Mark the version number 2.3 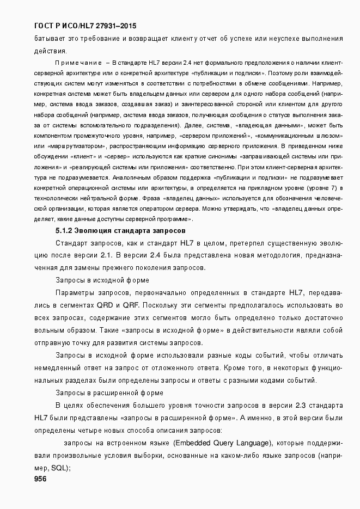click(302, 406)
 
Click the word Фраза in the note click(154, 198)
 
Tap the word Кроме click(231, 368)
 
